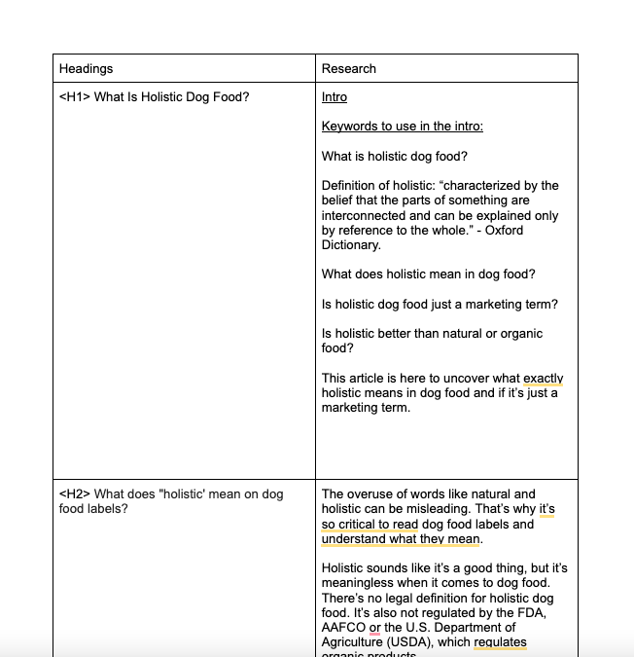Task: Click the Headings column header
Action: pos(86,68)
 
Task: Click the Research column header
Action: pos(348,68)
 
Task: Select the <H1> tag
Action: pos(74,97)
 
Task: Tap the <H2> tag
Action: pos(74,493)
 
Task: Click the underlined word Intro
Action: pos(335,97)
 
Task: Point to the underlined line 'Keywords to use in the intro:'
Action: pos(402,127)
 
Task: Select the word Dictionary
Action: pos(351,245)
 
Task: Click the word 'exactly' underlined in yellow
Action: pos(543,378)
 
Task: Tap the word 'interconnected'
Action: pos(365,215)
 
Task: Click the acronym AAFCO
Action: pos(343,628)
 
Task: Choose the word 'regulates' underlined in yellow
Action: pos(500,642)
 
